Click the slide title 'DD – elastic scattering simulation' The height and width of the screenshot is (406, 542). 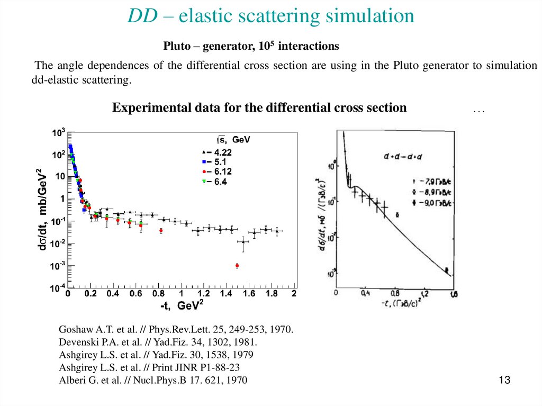pyautogui.click(x=270, y=16)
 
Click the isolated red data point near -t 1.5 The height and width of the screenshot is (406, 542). pyautogui.click(x=237, y=265)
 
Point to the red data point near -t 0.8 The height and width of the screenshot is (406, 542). pyautogui.click(x=161, y=231)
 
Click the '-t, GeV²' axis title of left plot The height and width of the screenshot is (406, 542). pyautogui.click(x=182, y=306)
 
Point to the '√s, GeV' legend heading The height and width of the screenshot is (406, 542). pyautogui.click(x=233, y=140)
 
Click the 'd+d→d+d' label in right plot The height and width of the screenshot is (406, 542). pyautogui.click(x=403, y=156)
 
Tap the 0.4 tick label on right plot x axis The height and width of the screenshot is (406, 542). pyautogui.click(x=365, y=293)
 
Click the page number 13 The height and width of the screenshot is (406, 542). pyautogui.click(x=504, y=380)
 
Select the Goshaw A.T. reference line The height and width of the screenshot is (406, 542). pyautogui.click(x=176, y=329)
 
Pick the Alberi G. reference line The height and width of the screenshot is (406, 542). pyautogui.click(x=153, y=380)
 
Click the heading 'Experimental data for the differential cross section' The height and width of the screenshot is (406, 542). pyautogui.click(x=259, y=107)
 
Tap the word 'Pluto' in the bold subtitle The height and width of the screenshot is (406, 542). pyautogui.click(x=178, y=46)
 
